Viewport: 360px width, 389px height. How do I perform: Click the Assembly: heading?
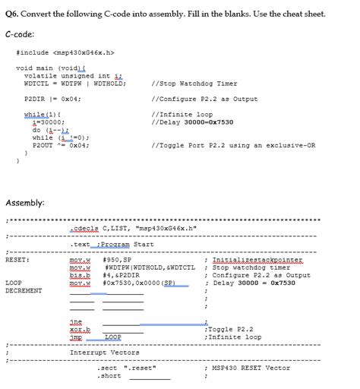(x=26, y=203)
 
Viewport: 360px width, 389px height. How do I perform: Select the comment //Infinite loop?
(x=182, y=114)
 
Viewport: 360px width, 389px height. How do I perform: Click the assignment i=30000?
(x=43, y=122)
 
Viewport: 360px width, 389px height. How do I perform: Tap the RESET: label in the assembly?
(x=17, y=260)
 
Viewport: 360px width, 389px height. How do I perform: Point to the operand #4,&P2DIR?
(x=122, y=275)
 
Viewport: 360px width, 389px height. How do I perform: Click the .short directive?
(x=109, y=375)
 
